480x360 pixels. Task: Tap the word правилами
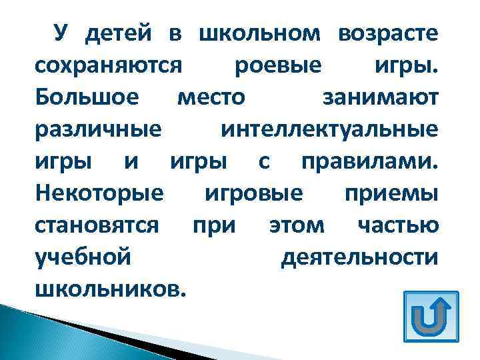pyautogui.click(x=370, y=162)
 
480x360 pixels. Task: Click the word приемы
pyautogui.click(x=391, y=194)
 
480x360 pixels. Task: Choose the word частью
pyautogui.click(x=397, y=225)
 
